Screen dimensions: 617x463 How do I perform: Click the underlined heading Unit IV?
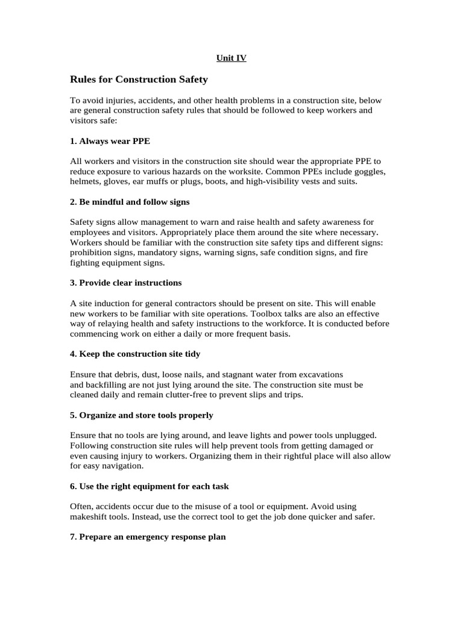[x=231, y=58]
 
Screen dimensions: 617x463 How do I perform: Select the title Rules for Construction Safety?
[x=139, y=79]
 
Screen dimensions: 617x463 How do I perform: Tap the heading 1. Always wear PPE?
[x=110, y=140]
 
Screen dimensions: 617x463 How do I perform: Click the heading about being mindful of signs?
[x=130, y=201]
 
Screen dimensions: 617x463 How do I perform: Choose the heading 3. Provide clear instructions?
[x=126, y=283]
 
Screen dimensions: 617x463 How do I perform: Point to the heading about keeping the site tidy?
[x=135, y=354]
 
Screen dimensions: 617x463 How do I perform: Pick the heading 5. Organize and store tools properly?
[x=142, y=415]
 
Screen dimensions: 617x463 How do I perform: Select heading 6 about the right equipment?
[x=150, y=486]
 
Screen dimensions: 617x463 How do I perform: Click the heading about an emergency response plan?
[x=148, y=536]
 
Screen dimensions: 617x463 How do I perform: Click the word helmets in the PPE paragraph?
[x=85, y=181]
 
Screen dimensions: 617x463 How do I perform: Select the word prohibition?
[x=92, y=252]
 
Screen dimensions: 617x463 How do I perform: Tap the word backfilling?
[x=109, y=384]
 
